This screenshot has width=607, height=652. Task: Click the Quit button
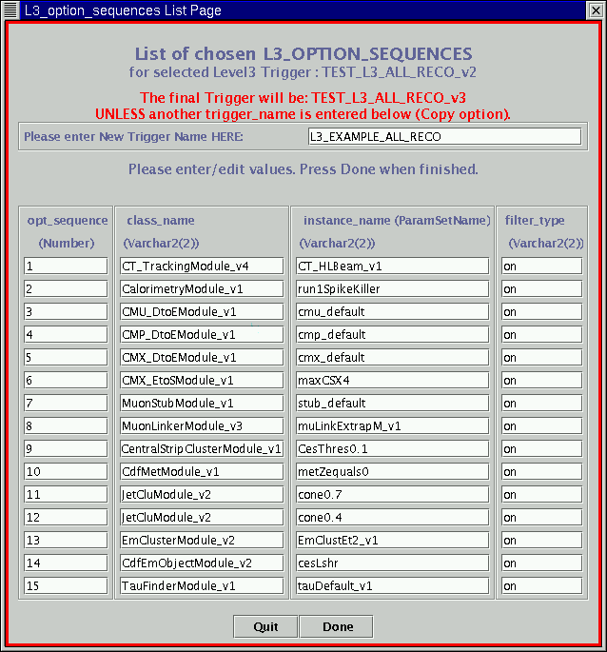265,626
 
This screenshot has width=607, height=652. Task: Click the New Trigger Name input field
443,136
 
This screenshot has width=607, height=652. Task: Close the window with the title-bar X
596,10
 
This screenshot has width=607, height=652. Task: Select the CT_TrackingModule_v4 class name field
201,267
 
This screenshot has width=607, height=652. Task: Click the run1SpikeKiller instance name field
391,289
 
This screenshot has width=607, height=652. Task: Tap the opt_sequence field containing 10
66,472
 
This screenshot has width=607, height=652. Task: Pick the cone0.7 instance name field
391,495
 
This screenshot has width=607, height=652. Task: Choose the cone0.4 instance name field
391,518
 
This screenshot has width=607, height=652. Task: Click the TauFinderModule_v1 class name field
201,586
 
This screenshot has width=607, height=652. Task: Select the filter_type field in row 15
541,586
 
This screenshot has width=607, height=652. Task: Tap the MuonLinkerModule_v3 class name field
201,426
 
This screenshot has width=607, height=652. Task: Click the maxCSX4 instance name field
391,381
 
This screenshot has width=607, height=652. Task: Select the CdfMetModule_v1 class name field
201,472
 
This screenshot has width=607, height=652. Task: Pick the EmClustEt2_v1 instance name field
391,541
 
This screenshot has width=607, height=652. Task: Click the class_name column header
161,220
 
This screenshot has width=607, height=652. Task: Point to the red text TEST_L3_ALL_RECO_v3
388,98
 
